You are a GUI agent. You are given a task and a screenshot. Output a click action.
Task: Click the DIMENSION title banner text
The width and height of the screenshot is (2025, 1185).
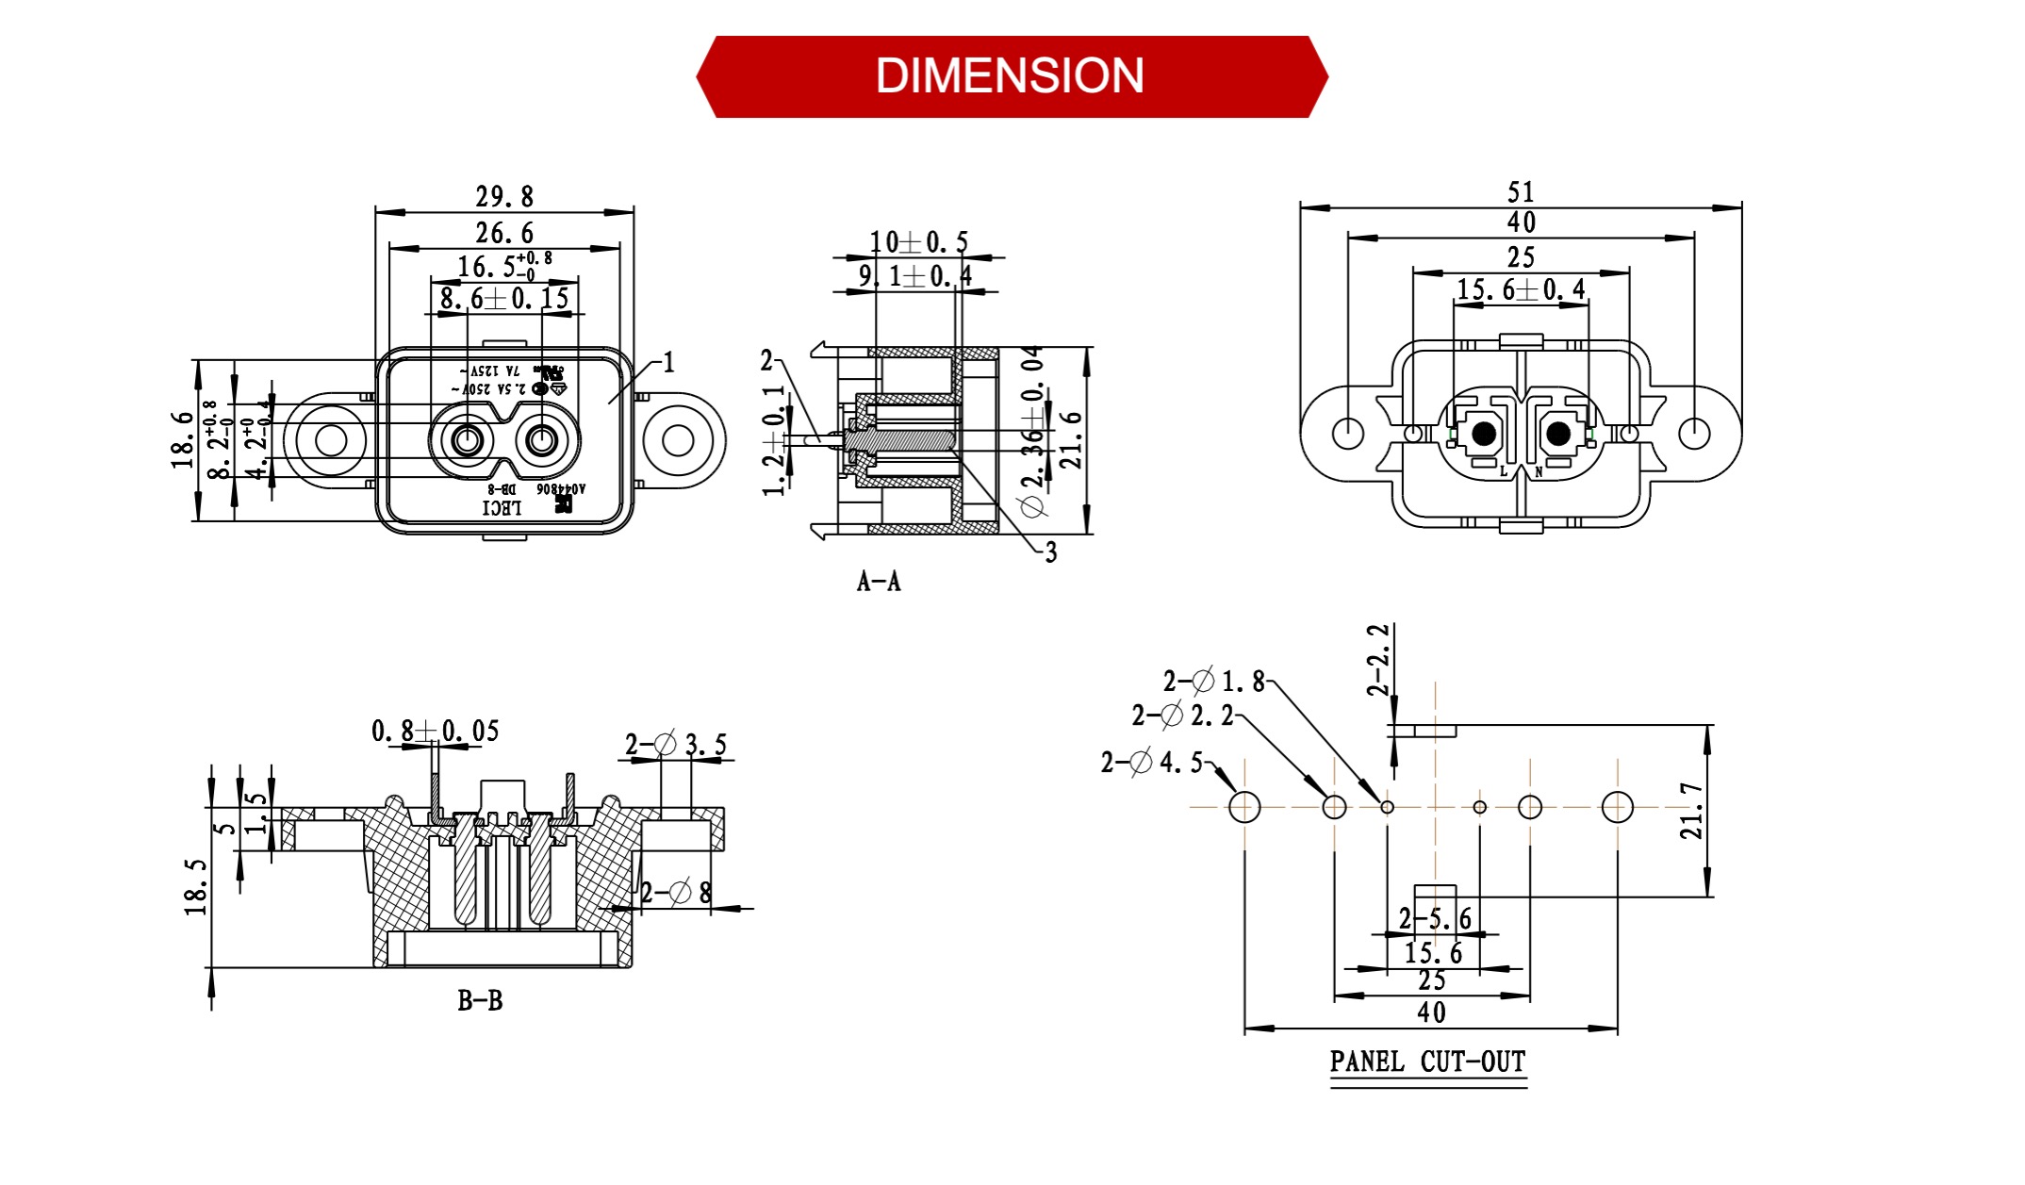[x=1010, y=76]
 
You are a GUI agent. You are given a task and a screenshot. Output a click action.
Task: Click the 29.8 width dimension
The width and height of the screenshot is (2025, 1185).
[x=504, y=197]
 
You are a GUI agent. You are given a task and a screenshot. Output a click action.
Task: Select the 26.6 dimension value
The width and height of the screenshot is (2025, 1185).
[x=504, y=233]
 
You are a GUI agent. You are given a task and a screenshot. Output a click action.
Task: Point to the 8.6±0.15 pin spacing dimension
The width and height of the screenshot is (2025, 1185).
[x=504, y=300]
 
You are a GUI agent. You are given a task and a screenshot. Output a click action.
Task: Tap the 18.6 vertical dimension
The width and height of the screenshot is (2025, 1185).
[x=183, y=440]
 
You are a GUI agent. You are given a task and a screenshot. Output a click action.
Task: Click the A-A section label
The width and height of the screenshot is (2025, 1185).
[x=879, y=582]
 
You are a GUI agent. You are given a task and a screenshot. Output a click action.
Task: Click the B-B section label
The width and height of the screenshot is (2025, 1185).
[x=480, y=1001]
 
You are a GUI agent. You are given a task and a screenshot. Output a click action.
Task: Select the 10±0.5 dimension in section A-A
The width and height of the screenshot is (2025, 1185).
[x=918, y=242]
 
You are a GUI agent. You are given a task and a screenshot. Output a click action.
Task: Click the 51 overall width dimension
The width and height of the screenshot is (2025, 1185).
[x=1521, y=192]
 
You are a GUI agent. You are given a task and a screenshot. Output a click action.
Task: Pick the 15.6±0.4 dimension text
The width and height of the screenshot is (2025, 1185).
[x=1521, y=289]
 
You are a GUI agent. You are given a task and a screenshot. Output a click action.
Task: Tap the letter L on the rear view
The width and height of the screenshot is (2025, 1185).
[x=1504, y=471]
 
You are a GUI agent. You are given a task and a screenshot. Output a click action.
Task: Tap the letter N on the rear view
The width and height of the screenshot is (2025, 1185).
[x=1539, y=471]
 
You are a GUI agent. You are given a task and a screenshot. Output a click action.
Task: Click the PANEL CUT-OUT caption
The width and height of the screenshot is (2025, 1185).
[x=1427, y=1062]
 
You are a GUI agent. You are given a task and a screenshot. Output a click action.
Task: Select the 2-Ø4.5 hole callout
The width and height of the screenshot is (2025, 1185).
[x=1152, y=762]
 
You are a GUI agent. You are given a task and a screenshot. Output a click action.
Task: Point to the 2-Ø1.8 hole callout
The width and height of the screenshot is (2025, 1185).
[x=1214, y=681]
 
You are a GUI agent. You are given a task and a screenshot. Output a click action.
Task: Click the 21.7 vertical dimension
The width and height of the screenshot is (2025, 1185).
[x=1692, y=811]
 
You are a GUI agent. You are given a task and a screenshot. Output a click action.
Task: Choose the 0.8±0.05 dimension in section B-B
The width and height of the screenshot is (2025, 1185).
[x=435, y=731]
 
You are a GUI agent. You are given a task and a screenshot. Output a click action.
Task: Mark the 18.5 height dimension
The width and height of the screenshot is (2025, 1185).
[x=196, y=887]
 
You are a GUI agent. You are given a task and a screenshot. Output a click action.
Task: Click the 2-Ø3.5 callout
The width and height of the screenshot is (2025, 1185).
[x=676, y=745]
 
